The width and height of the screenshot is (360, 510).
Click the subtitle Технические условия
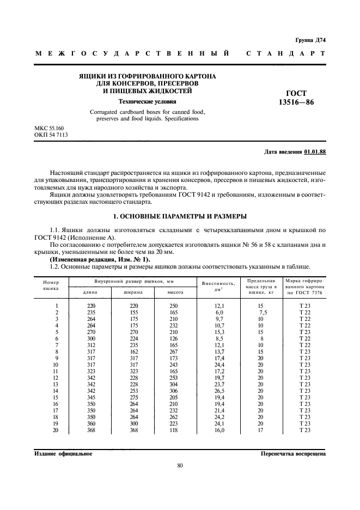(x=148, y=101)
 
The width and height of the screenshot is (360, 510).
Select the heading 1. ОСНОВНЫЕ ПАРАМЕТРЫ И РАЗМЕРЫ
(x=180, y=217)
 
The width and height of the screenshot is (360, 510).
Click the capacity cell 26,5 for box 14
(x=219, y=391)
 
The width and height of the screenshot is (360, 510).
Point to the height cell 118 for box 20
(x=174, y=430)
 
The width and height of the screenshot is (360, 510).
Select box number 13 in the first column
(x=55, y=384)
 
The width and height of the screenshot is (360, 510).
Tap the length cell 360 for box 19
(x=91, y=423)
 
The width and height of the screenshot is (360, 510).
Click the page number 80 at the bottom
(x=180, y=465)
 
